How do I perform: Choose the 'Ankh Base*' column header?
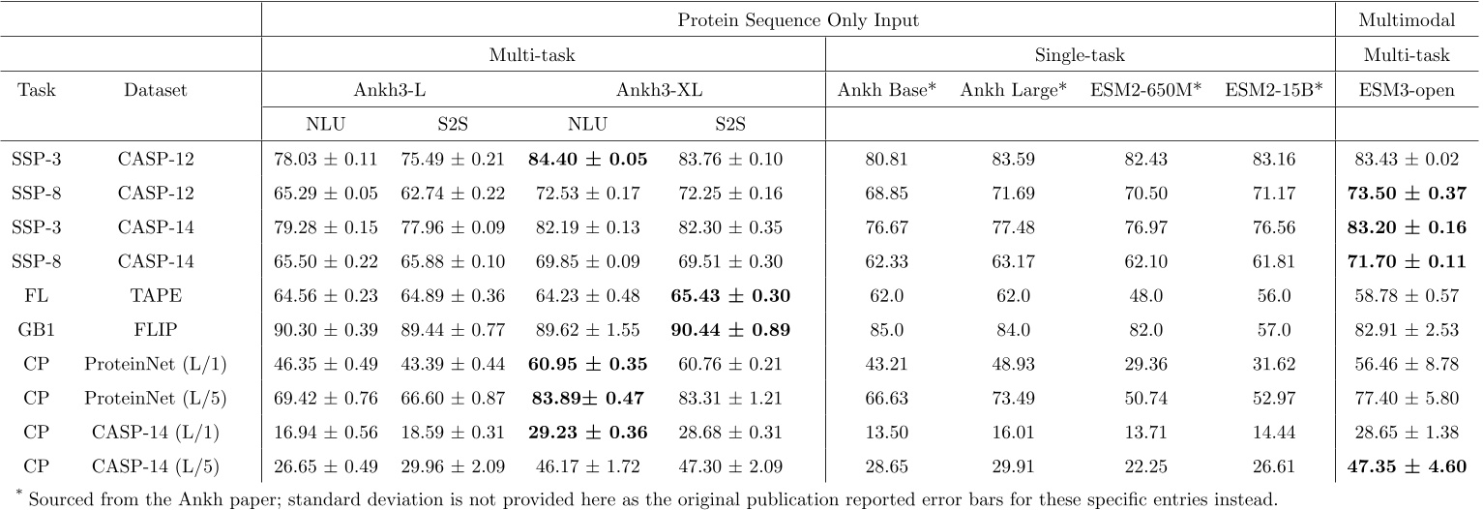point(886,91)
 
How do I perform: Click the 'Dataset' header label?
point(155,91)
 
